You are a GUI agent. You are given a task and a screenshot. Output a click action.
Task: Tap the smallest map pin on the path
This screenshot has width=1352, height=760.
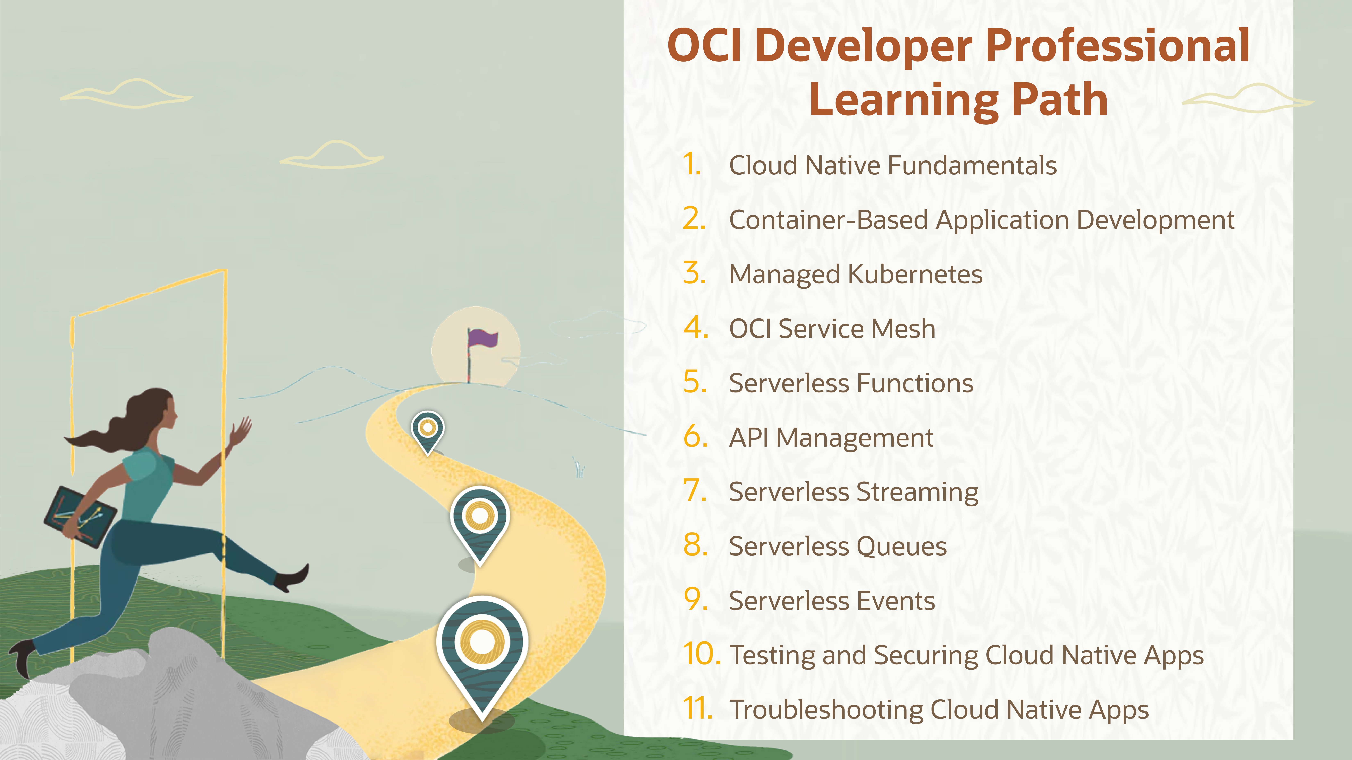[x=428, y=430]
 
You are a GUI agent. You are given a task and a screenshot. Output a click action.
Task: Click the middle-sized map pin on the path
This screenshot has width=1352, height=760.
[x=479, y=519]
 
